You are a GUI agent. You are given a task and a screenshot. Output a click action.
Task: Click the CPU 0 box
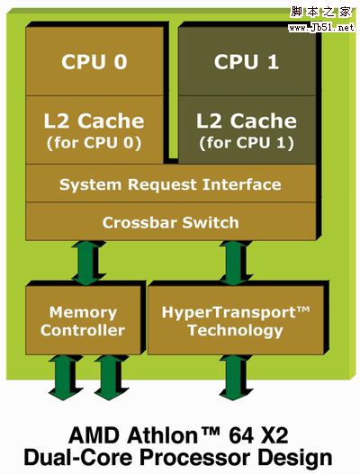tap(94, 61)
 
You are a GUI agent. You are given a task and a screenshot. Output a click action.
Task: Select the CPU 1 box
tap(247, 61)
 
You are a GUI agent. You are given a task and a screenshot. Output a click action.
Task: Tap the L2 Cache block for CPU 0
tap(94, 130)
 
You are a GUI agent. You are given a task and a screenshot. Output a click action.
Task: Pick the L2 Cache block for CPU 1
tap(247, 130)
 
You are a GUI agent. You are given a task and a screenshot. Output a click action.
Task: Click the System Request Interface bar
tap(171, 183)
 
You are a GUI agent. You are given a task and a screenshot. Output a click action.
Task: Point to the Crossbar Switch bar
tap(171, 221)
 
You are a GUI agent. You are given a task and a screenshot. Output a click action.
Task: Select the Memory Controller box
tap(83, 320)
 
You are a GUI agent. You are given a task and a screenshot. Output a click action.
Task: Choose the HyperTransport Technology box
tap(236, 320)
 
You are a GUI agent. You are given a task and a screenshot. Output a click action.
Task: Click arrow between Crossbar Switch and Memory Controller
tap(86, 263)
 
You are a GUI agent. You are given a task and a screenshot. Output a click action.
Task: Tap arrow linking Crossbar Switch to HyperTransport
tap(235, 263)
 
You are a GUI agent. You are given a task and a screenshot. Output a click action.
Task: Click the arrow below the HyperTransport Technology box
tap(235, 378)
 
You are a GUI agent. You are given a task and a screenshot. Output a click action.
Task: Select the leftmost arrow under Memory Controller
tap(64, 378)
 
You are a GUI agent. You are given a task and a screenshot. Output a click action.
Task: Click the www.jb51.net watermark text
tap(321, 28)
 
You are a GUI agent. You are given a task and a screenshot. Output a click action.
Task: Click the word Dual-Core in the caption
tap(78, 458)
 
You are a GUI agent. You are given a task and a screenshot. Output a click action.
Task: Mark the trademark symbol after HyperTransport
tap(303, 309)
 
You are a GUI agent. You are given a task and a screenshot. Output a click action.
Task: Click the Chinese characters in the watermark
tap(321, 13)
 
